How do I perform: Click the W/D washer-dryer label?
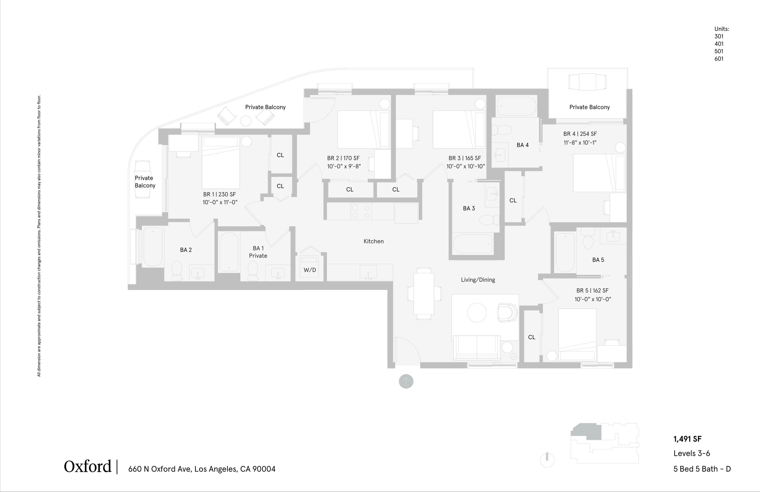tap(310, 270)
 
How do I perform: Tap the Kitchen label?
tap(374, 241)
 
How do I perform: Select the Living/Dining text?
tap(478, 280)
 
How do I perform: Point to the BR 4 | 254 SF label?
tap(580, 134)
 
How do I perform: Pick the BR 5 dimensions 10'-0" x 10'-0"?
tap(593, 299)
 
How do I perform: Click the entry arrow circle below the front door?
tap(406, 381)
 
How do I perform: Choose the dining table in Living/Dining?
tap(424, 294)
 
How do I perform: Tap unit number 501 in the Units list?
tap(719, 51)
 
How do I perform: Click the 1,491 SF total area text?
tap(687, 439)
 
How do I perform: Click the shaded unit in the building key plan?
tap(587, 431)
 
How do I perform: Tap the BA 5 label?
tap(598, 260)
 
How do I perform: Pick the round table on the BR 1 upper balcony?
tap(246, 121)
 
